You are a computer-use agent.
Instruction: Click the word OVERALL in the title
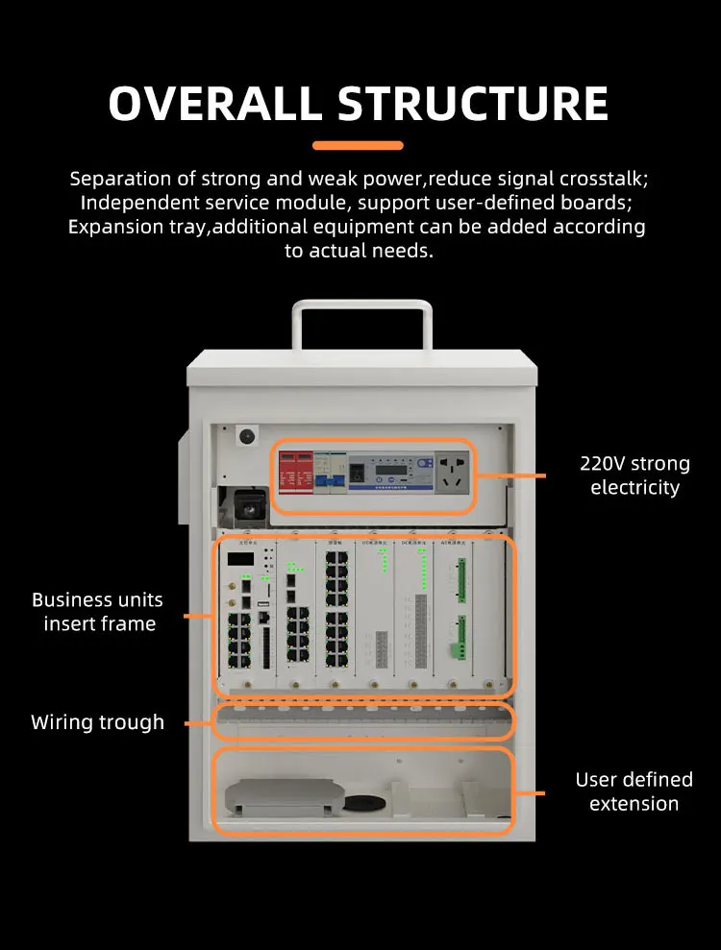pos(214,104)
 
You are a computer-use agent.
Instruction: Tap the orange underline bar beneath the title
pos(358,146)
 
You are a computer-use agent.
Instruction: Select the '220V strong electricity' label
pos(634,475)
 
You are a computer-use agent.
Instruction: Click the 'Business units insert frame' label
pos(97,612)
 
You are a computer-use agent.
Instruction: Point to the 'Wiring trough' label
pos(97,722)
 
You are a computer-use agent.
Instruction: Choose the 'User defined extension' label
pos(634,792)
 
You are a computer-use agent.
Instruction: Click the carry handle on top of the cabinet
pos(361,323)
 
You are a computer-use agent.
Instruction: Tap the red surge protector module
pos(296,473)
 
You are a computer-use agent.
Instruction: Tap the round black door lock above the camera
pos(246,436)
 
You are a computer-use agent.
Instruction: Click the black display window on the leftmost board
pos(241,558)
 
